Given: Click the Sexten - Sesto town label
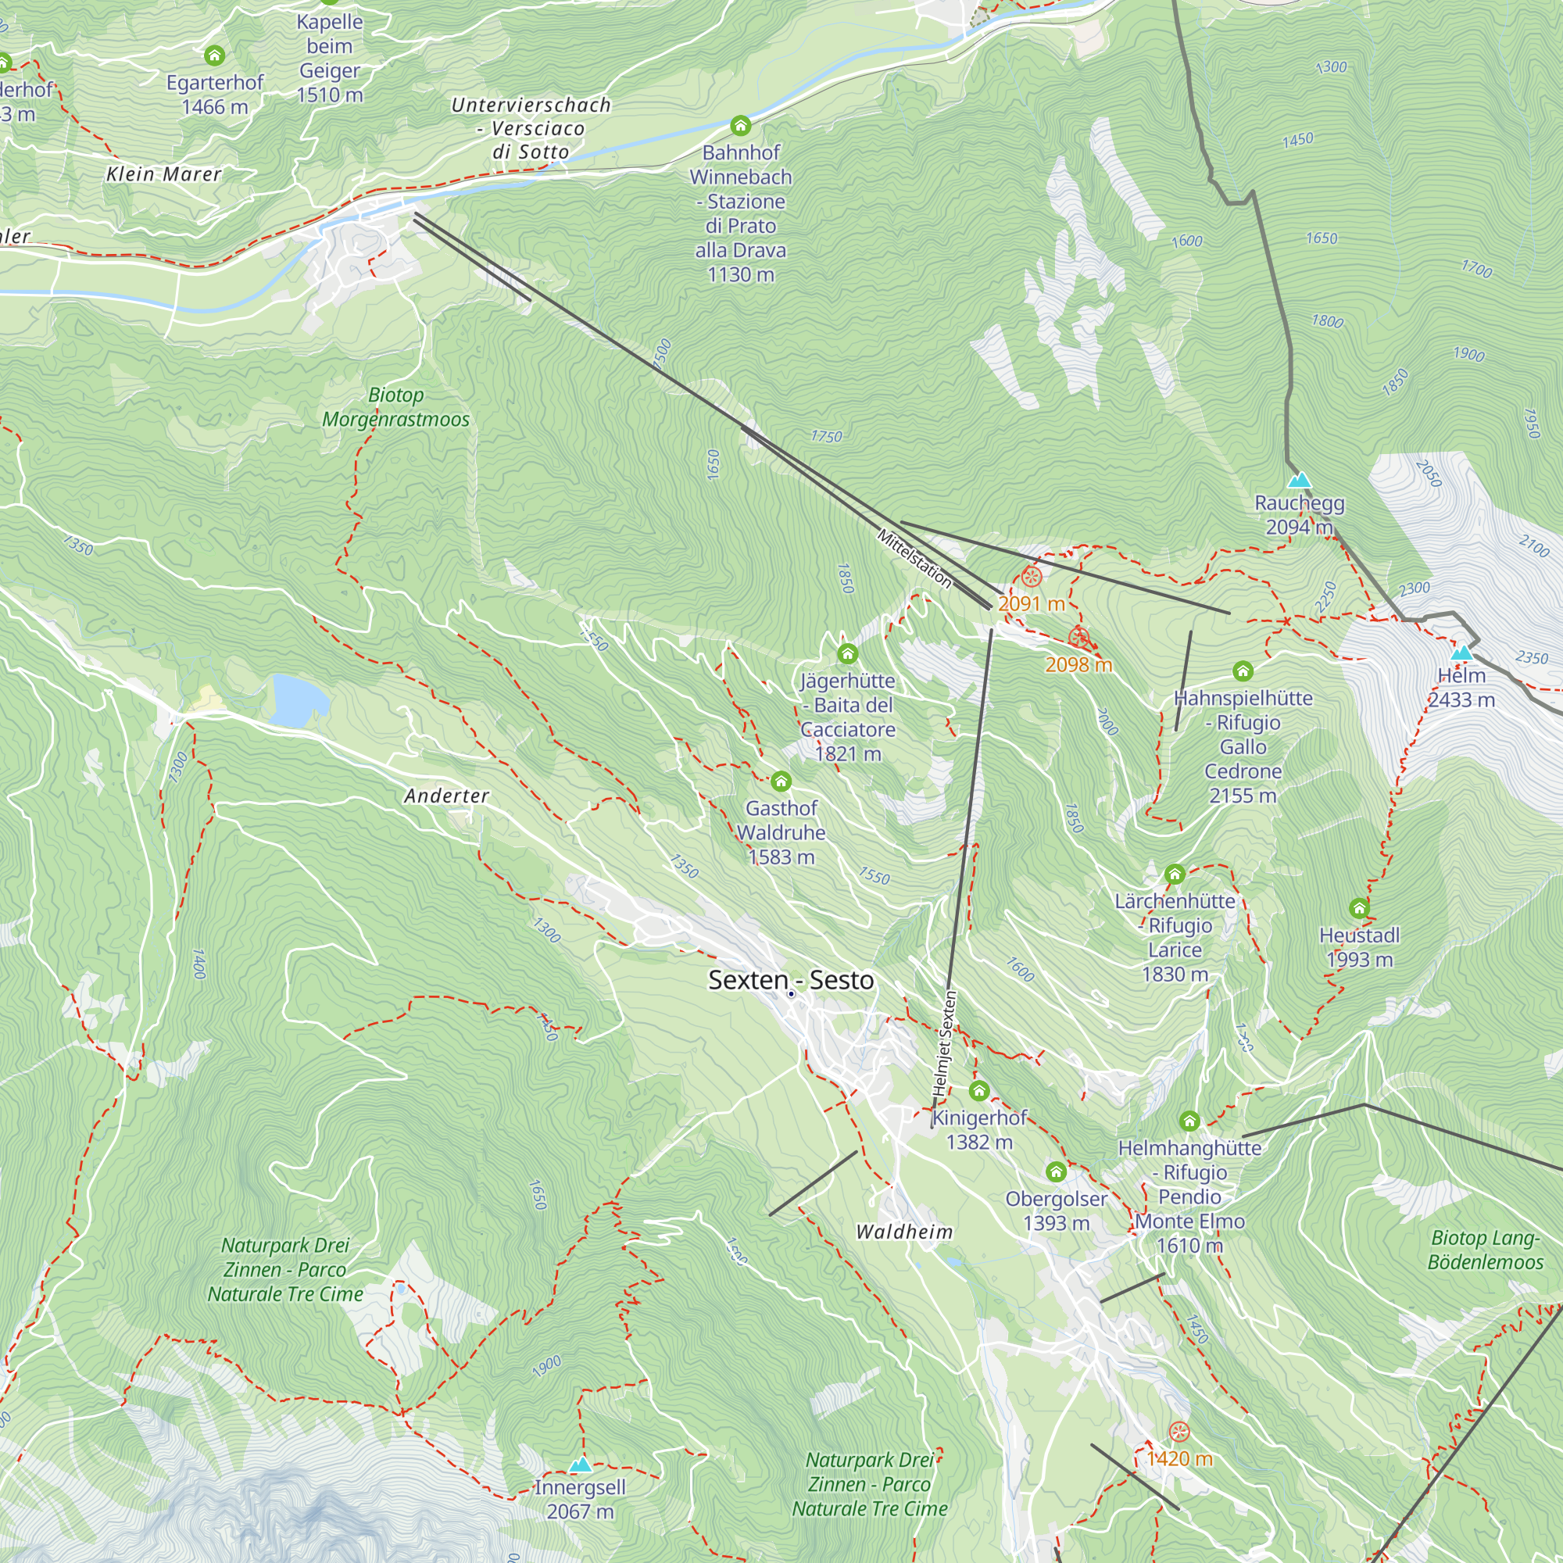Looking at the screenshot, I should point(790,980).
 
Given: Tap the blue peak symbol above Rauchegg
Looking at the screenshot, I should point(1298,480).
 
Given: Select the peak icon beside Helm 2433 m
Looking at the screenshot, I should point(1461,653).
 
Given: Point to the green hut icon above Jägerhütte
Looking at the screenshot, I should point(847,653).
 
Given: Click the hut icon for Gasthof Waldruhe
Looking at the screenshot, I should point(781,781).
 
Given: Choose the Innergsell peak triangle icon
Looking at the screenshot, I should point(580,1465).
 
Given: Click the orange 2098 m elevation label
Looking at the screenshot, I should point(1078,665).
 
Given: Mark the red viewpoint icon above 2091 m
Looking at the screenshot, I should point(1031,576).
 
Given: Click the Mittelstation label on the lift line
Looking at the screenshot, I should point(914,558).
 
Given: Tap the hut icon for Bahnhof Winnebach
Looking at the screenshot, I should point(740,125).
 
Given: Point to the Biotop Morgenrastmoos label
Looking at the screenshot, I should point(395,407).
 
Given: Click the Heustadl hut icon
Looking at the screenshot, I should point(1359,907).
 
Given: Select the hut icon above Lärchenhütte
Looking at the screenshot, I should point(1175,874).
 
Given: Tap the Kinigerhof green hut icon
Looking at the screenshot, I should point(979,1090).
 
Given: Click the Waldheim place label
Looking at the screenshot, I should point(904,1232).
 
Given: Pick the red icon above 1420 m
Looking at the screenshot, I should point(1179,1431).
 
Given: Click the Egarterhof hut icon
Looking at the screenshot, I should point(214,55).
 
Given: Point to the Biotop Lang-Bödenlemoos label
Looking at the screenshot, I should point(1486,1250).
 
